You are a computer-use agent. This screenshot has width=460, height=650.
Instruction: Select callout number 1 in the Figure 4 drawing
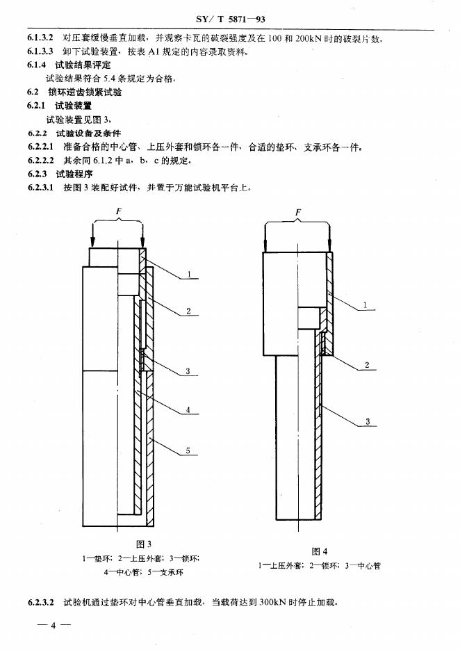click(365, 305)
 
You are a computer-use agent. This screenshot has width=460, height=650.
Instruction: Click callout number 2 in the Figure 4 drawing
click(365, 365)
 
